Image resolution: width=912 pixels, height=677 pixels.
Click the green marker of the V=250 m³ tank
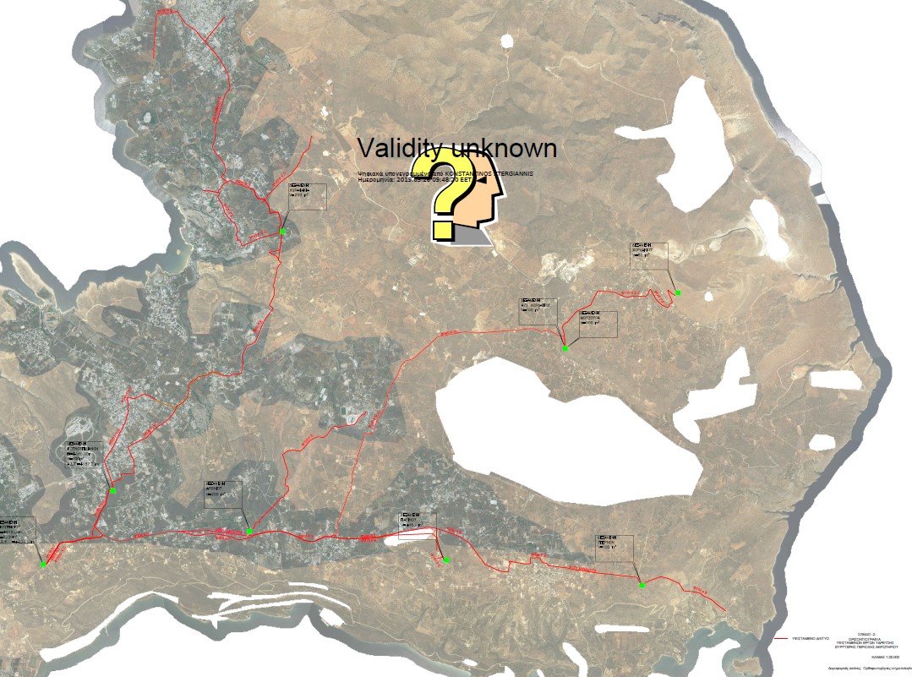[284, 231]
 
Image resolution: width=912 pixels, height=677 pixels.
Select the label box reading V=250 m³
[307, 195]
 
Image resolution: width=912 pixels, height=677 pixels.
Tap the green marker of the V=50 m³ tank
[678, 292]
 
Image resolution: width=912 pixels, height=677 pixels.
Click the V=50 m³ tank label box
[648, 256]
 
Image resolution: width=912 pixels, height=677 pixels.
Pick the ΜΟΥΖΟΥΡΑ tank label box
[598, 325]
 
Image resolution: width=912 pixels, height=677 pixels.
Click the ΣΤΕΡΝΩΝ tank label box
[615, 547]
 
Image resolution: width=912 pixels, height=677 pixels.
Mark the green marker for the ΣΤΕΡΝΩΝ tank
[642, 585]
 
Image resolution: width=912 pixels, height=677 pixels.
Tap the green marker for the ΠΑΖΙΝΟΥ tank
[446, 560]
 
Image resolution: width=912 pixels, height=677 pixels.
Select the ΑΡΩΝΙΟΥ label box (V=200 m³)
[223, 494]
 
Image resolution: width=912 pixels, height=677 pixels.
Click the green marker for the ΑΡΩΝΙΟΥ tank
[249, 532]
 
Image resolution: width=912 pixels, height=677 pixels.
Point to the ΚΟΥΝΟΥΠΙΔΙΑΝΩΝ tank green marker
[112, 490]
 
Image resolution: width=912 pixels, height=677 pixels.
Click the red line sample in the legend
[787, 639]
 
